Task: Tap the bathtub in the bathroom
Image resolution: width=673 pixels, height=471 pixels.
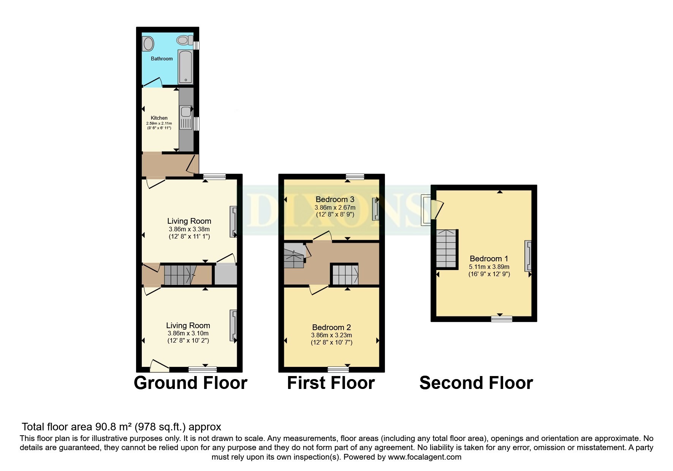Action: tap(186, 67)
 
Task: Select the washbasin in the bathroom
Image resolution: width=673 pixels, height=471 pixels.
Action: tap(148, 43)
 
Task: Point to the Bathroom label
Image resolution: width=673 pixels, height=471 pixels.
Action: tap(162, 58)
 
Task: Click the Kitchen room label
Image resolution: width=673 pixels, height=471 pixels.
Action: tap(159, 118)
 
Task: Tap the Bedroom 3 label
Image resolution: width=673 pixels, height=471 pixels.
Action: tap(335, 199)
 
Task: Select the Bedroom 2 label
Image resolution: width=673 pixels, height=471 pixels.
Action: tap(331, 327)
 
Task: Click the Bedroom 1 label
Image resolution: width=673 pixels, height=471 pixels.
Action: tap(489, 259)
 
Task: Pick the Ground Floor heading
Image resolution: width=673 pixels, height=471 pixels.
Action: tap(190, 383)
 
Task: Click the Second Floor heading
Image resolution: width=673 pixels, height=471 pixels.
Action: tap(476, 383)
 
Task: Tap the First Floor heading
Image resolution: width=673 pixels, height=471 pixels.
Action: tap(331, 383)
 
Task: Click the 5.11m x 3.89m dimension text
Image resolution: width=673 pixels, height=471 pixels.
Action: tap(489, 267)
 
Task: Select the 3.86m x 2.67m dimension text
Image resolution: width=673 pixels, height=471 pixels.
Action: tap(335, 207)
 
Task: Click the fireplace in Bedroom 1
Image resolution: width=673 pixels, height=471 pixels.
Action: tap(528, 256)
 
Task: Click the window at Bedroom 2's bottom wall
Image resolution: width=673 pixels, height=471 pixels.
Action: tap(338, 369)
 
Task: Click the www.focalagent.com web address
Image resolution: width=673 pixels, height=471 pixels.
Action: tap(424, 457)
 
